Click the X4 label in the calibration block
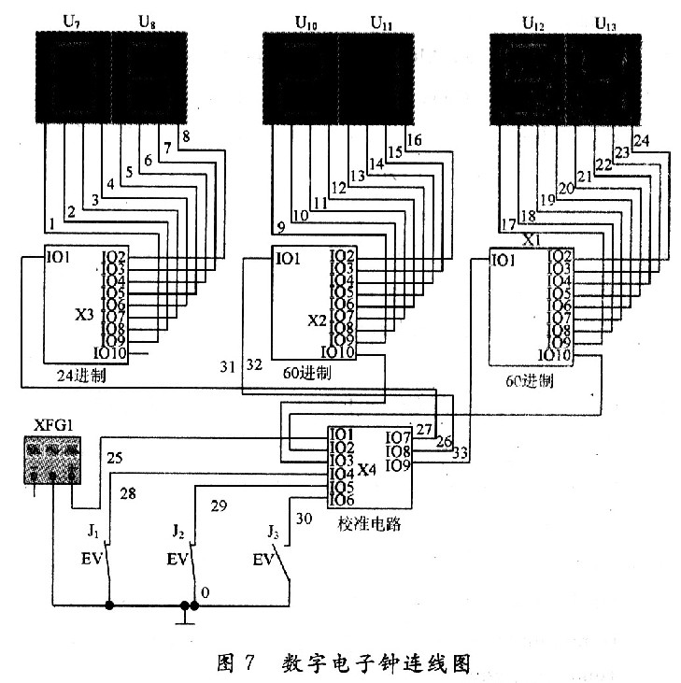[x=367, y=470]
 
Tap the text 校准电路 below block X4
[x=370, y=524]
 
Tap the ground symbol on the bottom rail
[x=188, y=613]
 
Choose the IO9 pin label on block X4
[x=397, y=465]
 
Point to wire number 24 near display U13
[x=641, y=141]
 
